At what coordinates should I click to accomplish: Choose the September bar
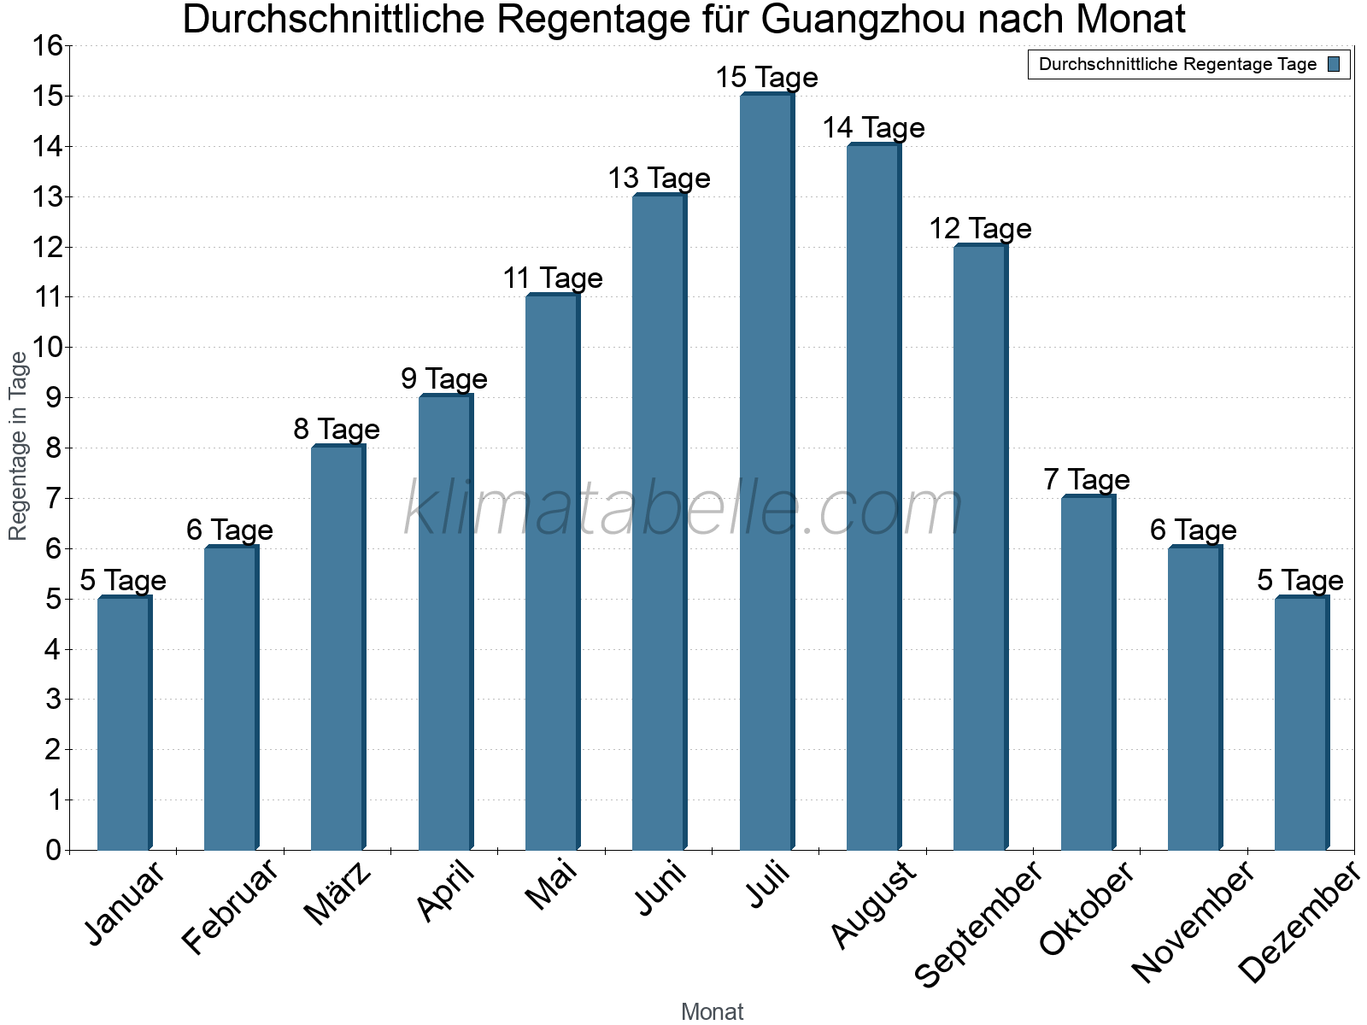click(x=980, y=547)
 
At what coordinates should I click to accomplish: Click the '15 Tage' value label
click(x=766, y=78)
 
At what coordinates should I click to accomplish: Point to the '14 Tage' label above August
click(x=873, y=128)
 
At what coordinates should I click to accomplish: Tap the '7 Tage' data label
click(x=1087, y=480)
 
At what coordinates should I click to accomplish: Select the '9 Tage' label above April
click(x=444, y=379)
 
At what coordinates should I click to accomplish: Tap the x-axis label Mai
click(x=552, y=886)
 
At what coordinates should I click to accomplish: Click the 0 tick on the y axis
click(x=54, y=850)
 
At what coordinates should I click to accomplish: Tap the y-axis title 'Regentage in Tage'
click(x=19, y=446)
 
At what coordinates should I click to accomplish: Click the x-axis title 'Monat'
click(x=712, y=1012)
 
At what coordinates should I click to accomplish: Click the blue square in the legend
click(x=1335, y=64)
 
